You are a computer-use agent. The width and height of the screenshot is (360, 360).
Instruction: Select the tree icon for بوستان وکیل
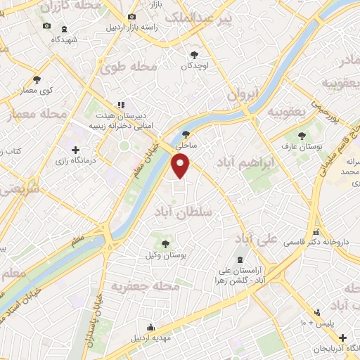tap(165, 243)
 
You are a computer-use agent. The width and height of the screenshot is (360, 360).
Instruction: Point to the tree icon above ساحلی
tap(186, 134)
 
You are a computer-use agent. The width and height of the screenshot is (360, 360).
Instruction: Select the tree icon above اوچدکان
tap(195, 54)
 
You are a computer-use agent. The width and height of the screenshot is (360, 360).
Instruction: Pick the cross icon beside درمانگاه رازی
tap(75, 150)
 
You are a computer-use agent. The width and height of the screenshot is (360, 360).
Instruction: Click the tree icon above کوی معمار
tap(37, 79)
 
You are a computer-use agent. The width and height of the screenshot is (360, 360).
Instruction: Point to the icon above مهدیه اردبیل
tap(150, 326)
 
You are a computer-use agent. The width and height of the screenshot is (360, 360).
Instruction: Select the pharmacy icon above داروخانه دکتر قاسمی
tap(316, 232)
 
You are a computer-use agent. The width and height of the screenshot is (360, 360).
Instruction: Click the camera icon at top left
tap(46, 26)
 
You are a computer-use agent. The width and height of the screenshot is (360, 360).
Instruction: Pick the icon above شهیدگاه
tap(65, 30)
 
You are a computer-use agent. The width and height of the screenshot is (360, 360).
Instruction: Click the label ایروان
tap(243, 94)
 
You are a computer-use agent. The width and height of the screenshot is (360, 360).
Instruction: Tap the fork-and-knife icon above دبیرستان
tap(121, 105)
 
